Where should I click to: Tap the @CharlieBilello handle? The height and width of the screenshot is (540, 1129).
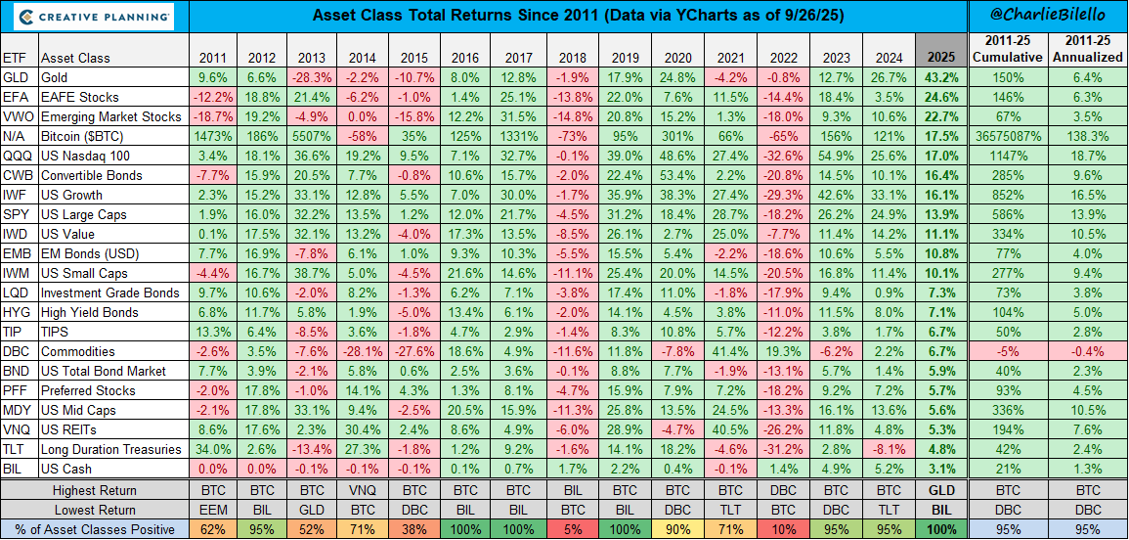coord(1047,16)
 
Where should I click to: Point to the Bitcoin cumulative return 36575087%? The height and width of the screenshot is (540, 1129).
coord(1007,136)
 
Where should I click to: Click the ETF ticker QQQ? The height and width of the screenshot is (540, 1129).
coord(15,156)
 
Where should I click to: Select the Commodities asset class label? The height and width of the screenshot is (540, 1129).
coord(78,351)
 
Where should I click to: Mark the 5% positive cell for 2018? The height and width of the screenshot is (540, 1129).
coord(570,529)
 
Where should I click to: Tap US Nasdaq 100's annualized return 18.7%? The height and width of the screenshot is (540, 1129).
coord(1087,156)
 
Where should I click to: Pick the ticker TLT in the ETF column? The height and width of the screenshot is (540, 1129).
coord(14,449)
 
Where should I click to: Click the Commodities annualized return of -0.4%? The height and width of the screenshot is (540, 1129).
coord(1087,351)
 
